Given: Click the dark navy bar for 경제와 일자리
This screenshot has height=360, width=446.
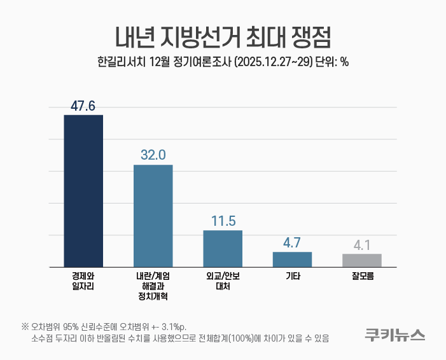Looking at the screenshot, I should click(x=83, y=191).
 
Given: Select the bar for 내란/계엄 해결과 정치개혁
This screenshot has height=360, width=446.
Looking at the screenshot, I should click(x=153, y=216).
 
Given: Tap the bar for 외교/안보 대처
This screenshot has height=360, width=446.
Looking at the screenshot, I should click(x=223, y=249).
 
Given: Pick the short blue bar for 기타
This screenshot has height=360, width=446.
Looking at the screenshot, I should click(x=292, y=260).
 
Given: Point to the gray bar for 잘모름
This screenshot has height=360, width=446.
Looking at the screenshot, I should click(x=361, y=260).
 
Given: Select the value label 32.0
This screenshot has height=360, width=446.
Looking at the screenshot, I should click(x=153, y=155).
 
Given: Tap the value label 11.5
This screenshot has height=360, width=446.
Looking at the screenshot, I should click(x=223, y=221).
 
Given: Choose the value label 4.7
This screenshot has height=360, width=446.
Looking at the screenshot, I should click(x=292, y=242).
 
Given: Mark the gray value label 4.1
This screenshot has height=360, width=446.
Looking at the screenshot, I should click(x=361, y=244).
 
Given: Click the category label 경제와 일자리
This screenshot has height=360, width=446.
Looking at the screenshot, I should click(x=83, y=282).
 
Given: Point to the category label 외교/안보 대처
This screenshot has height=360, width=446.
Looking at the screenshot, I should click(x=223, y=282).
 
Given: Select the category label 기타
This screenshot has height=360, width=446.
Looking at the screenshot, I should click(x=292, y=277).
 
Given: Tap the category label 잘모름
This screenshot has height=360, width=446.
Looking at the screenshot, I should click(x=361, y=277).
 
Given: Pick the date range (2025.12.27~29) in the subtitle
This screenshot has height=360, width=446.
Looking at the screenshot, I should click(x=273, y=62).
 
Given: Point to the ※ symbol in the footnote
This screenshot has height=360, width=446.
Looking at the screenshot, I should click(x=25, y=327).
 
